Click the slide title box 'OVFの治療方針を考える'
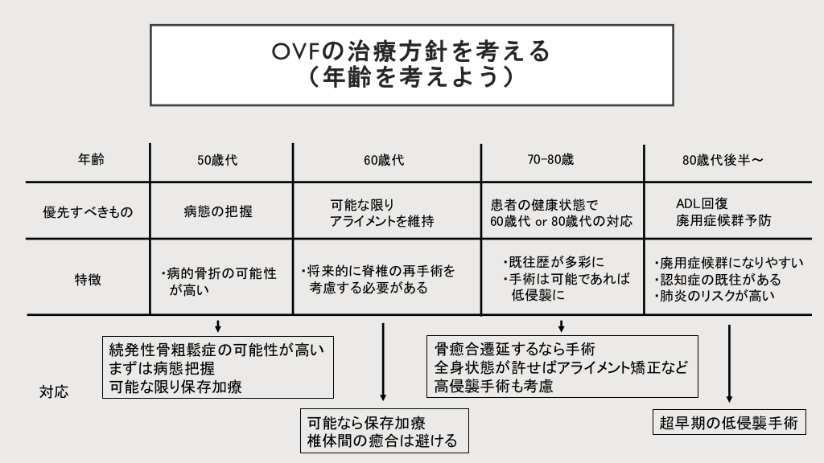click(x=411, y=64)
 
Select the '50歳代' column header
click(x=218, y=160)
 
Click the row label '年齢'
click(x=86, y=159)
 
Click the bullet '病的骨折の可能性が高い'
click(x=219, y=281)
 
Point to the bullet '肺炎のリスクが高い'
click(x=715, y=297)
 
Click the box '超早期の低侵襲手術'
click(x=729, y=423)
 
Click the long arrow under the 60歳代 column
click(x=383, y=362)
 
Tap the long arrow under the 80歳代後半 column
click(x=729, y=363)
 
